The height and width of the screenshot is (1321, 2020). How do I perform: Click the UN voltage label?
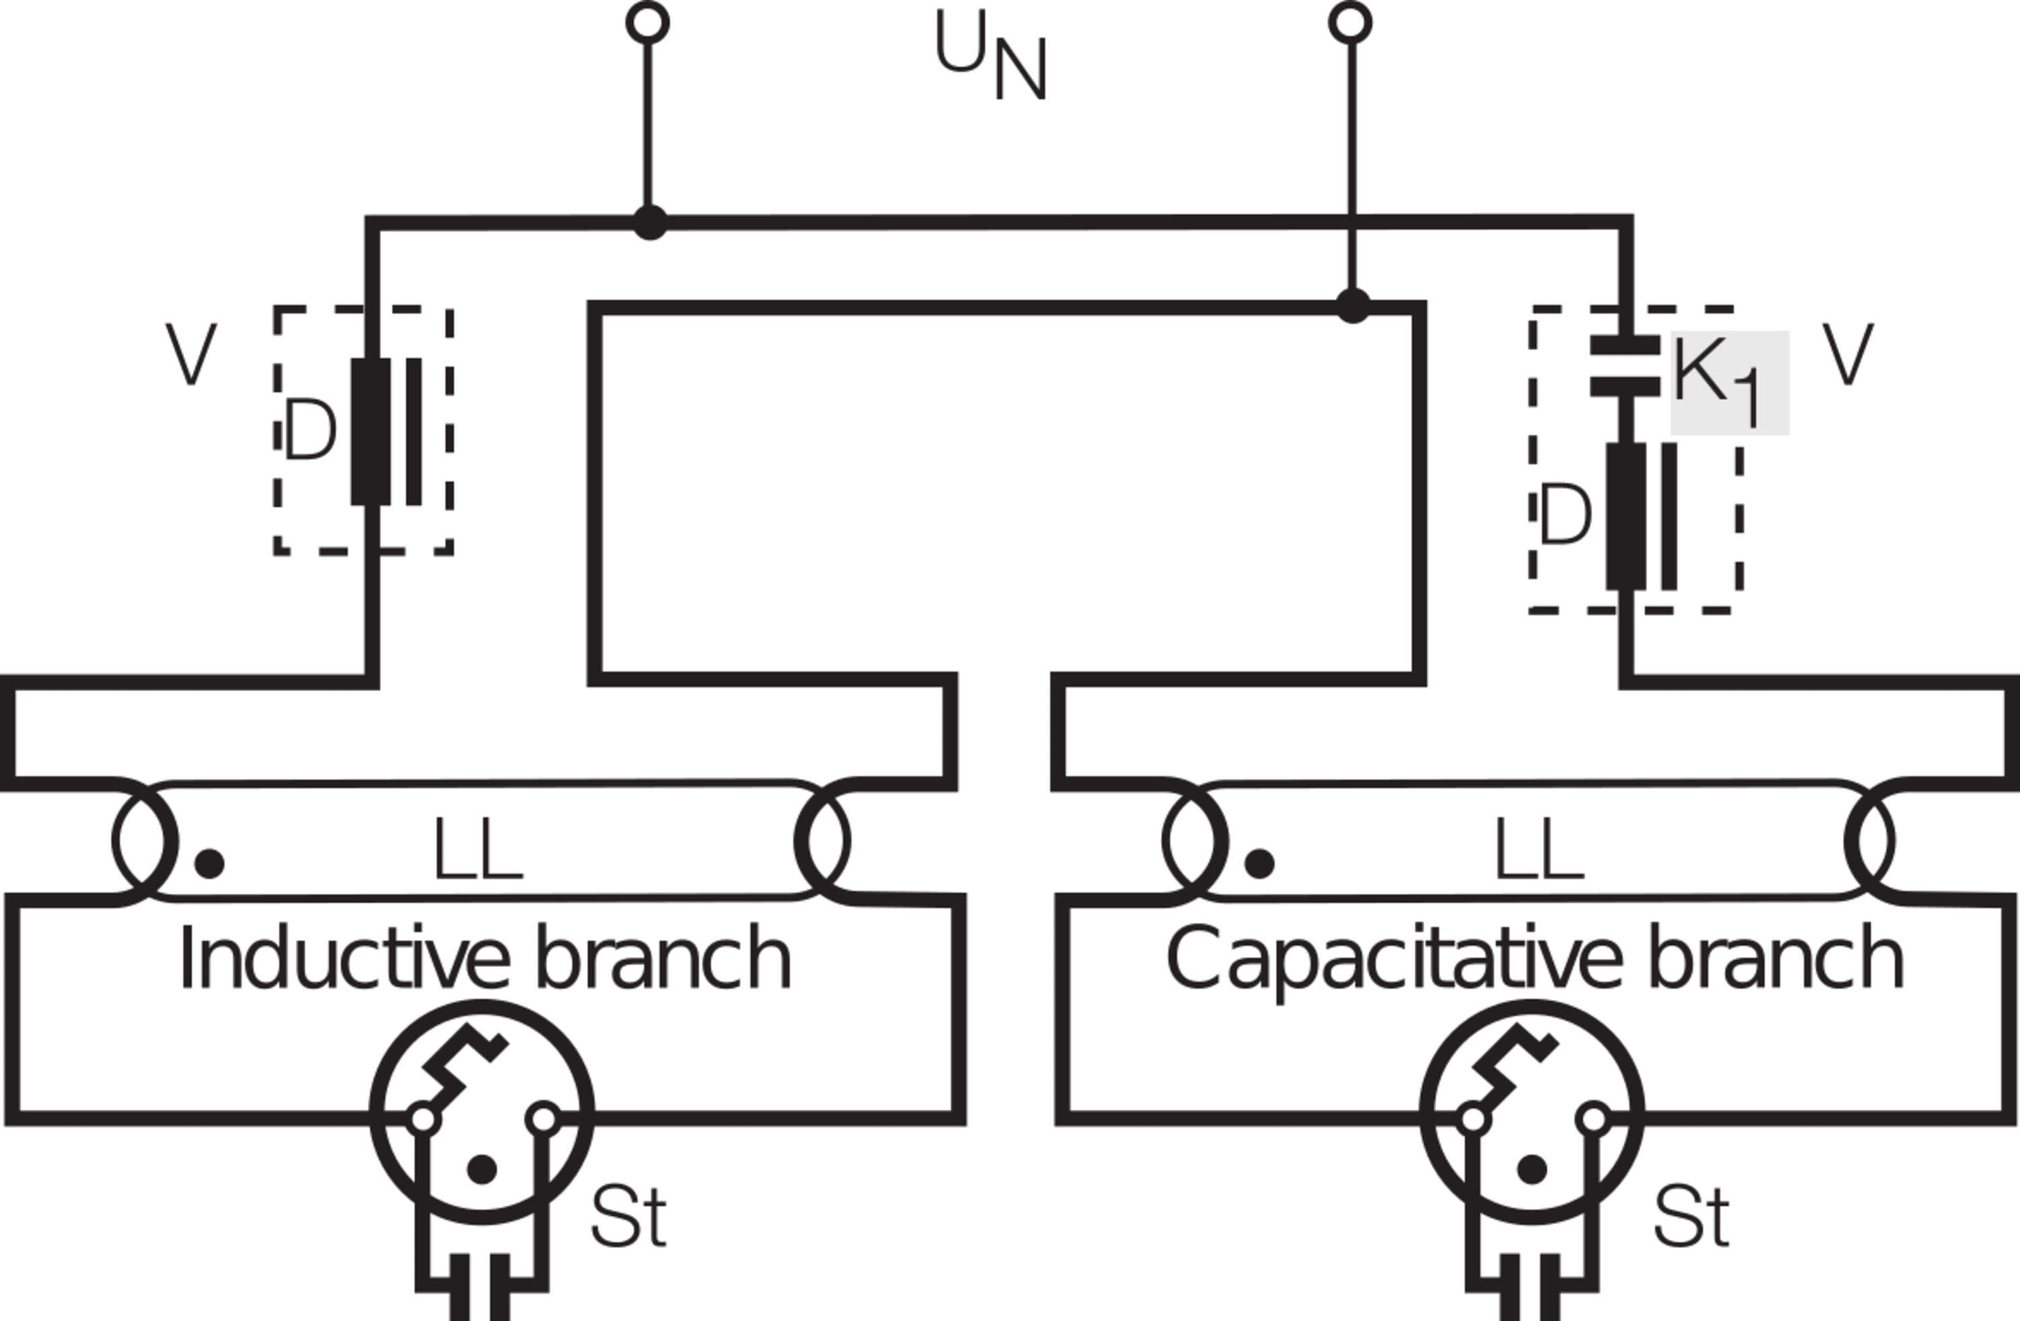point(990,55)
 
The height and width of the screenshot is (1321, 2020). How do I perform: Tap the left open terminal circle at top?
point(648,22)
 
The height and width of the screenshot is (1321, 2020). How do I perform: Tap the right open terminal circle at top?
point(1349,22)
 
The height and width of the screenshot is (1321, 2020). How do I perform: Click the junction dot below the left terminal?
point(650,222)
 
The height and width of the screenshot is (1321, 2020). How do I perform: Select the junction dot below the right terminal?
point(1353,306)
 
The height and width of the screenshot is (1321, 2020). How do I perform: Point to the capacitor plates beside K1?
point(1625,366)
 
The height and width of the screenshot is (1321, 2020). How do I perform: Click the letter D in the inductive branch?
point(310,431)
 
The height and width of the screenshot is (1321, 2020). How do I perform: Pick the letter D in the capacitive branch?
point(1564,514)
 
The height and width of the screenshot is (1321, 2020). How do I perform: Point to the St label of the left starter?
point(628,1217)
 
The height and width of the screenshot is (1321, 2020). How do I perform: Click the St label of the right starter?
point(1691,1217)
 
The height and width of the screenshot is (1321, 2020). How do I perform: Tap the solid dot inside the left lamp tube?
point(209,864)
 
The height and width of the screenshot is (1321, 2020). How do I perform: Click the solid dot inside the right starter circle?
point(1531,1169)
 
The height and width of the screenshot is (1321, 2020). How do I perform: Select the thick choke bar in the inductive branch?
point(371,431)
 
